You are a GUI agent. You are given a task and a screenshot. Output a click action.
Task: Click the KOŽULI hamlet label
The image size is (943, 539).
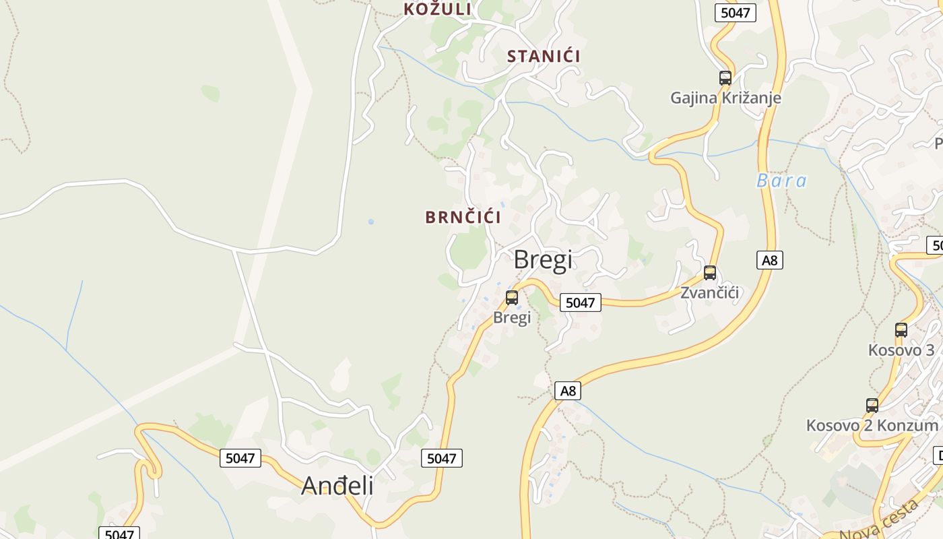(438, 9)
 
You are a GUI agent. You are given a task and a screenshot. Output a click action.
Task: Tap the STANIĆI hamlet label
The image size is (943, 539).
(544, 56)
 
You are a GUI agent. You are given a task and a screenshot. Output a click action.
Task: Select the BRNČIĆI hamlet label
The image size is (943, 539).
(463, 217)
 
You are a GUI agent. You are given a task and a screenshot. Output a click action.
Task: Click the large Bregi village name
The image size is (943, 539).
(543, 260)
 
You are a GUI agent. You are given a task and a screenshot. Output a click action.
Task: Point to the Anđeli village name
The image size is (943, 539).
(337, 485)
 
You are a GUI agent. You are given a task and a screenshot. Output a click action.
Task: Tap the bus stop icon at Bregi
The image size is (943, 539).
(512, 298)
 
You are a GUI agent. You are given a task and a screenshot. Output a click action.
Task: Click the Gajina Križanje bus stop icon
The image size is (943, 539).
(725, 78)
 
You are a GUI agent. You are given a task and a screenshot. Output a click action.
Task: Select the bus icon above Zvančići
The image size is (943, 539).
(710, 273)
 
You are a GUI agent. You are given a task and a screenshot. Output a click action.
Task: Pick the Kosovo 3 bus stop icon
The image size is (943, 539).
(901, 330)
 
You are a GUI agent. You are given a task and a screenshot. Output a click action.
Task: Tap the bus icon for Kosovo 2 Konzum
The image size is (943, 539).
(872, 406)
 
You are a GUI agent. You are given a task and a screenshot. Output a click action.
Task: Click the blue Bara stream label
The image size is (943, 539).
(781, 181)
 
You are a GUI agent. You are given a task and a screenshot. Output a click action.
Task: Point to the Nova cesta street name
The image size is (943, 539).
(879, 522)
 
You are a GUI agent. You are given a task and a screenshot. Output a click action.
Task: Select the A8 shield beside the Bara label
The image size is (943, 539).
(770, 260)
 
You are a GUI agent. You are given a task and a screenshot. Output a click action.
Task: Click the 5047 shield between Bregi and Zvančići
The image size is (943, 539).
(580, 303)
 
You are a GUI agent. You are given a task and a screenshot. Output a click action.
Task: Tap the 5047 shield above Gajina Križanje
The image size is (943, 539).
(735, 13)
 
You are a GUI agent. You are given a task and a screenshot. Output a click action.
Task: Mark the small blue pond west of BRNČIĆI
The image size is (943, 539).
(370, 222)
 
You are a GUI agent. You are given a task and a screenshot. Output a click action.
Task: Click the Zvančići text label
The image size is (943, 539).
(710, 292)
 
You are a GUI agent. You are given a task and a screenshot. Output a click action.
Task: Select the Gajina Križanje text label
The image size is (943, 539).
(725, 98)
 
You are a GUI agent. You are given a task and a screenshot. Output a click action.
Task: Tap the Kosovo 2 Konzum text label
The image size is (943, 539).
(872, 426)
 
